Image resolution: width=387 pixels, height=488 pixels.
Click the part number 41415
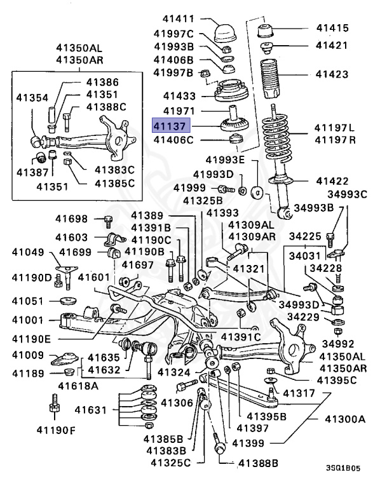(333, 28)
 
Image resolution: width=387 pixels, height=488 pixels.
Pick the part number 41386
(102, 83)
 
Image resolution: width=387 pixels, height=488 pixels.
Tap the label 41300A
(346, 419)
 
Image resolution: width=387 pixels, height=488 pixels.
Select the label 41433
(179, 96)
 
